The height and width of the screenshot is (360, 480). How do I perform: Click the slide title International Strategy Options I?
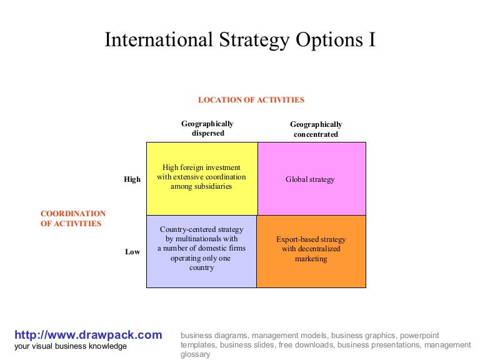point(240,39)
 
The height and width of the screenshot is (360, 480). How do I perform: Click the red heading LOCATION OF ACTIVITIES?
point(251,99)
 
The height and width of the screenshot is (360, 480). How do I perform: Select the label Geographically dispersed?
point(207,128)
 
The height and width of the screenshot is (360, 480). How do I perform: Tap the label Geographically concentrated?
point(316,129)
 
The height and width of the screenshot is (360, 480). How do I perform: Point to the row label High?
point(132,179)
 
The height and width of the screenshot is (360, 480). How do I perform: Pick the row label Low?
point(132,252)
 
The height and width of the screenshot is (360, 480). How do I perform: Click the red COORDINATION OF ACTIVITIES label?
point(73,218)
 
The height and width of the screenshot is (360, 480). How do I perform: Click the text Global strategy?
point(311,179)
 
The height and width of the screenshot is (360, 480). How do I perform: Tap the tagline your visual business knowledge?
point(70,346)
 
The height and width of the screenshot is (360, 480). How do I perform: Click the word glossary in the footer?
point(195,354)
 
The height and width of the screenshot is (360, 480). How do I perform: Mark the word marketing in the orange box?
point(311,259)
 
